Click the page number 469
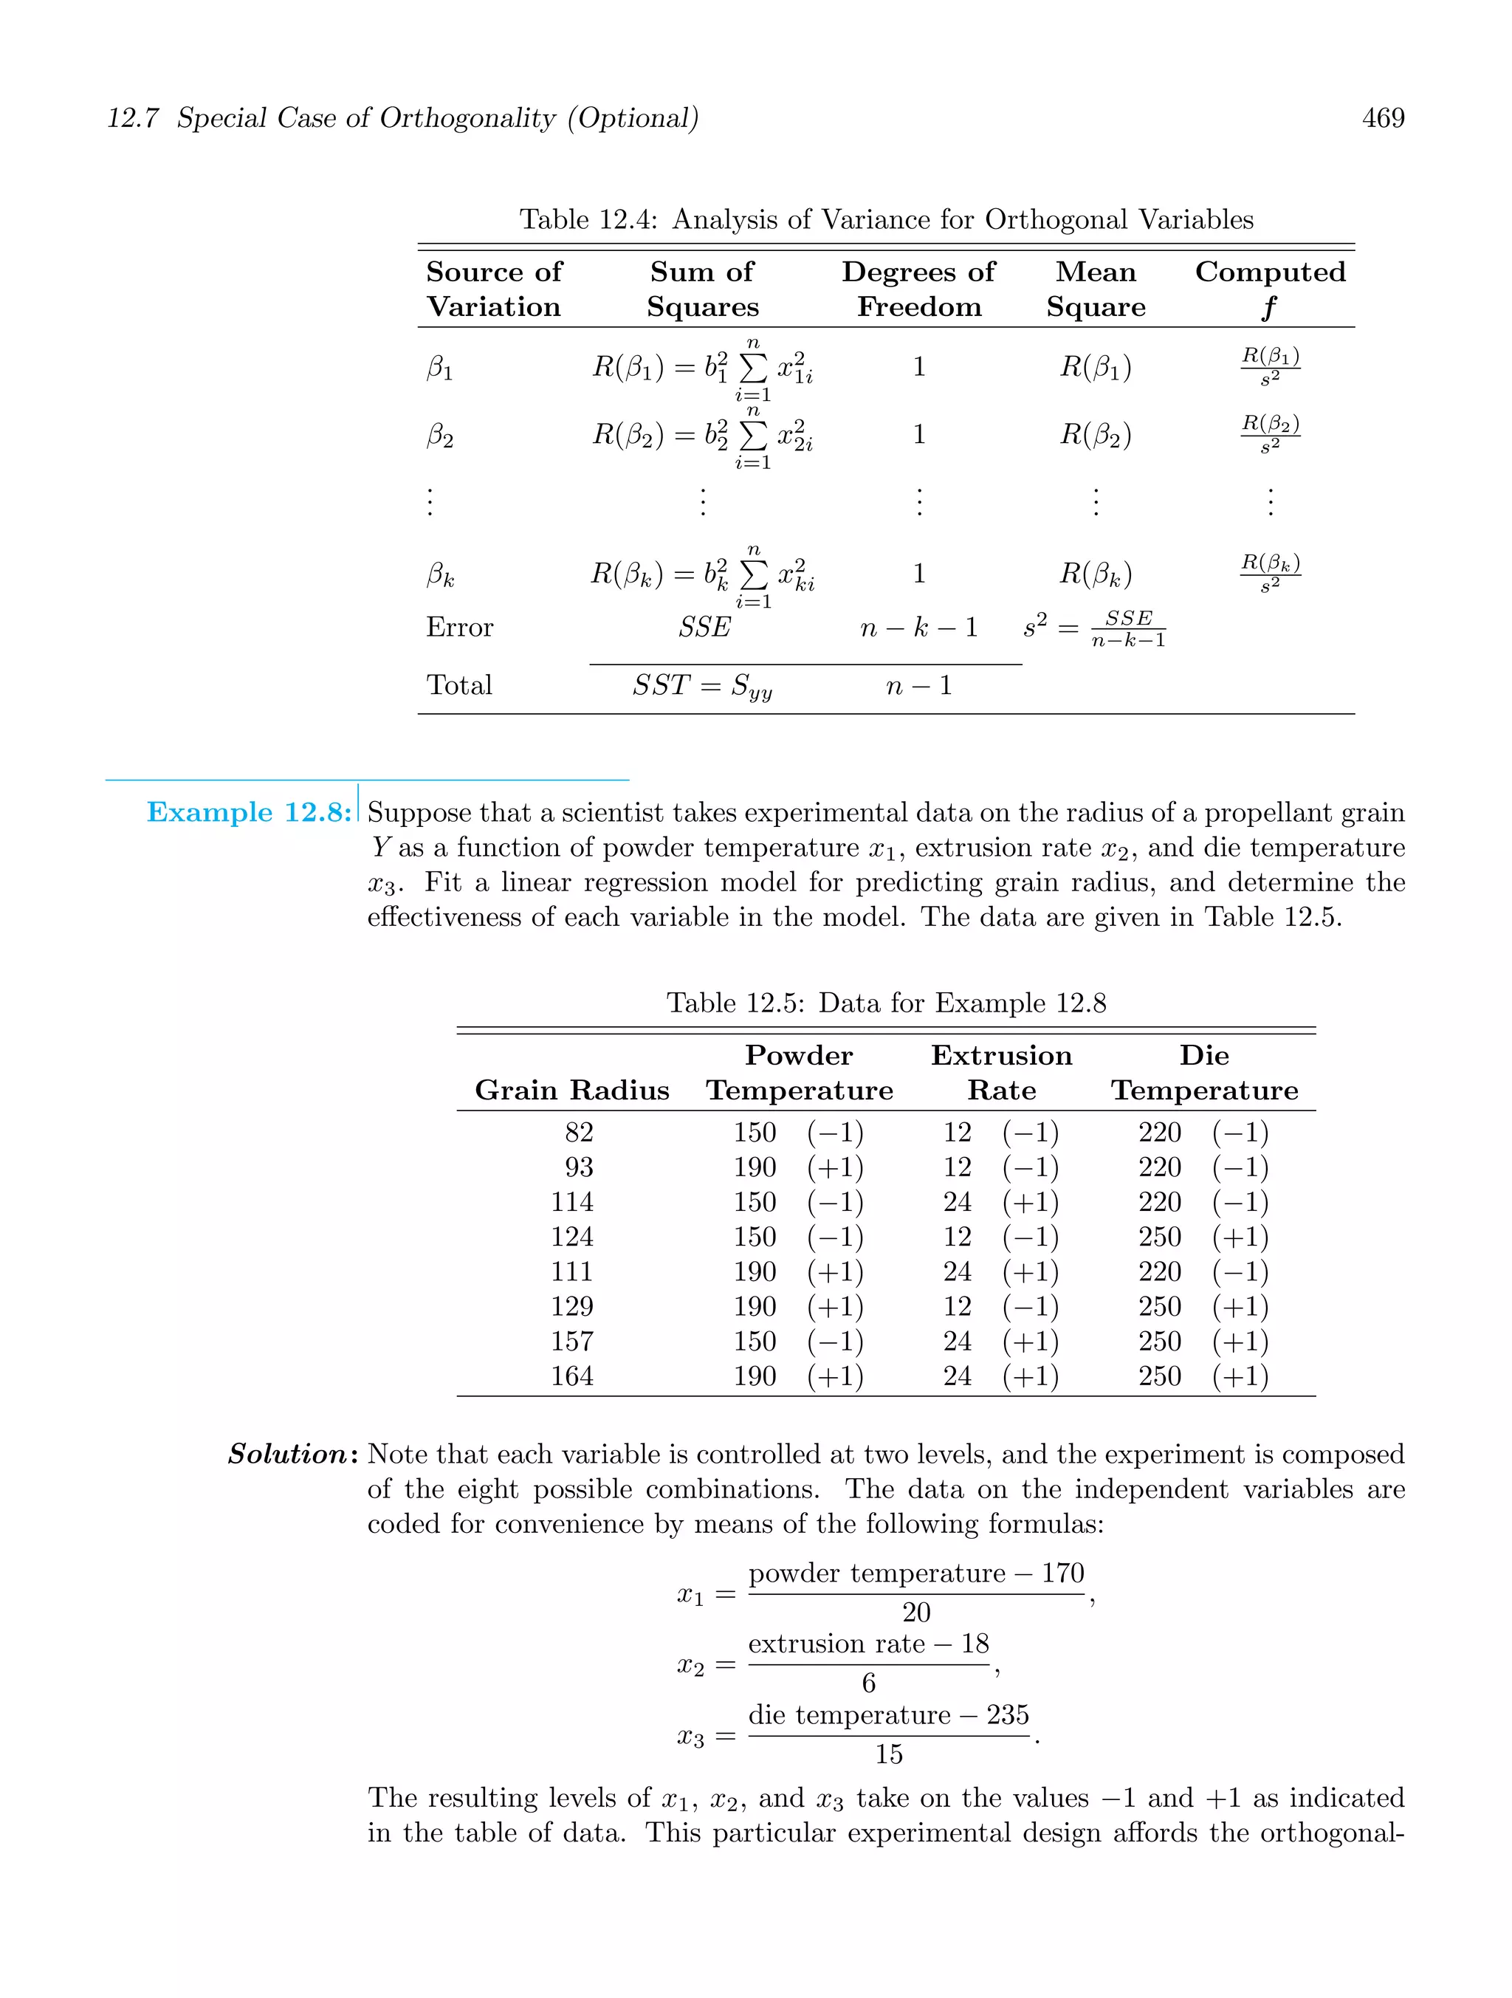[1383, 118]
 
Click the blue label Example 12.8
[248, 812]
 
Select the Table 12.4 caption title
[885, 219]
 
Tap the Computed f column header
[1269, 289]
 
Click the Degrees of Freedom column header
[918, 289]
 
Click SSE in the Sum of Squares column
[704, 627]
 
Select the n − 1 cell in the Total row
[918, 686]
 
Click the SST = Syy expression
[702, 687]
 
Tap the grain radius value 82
[578, 1133]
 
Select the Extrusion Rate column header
[1001, 1073]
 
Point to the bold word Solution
[287, 1455]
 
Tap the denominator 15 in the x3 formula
[888, 1754]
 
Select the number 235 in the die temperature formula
[1007, 1715]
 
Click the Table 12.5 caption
[885, 1003]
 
